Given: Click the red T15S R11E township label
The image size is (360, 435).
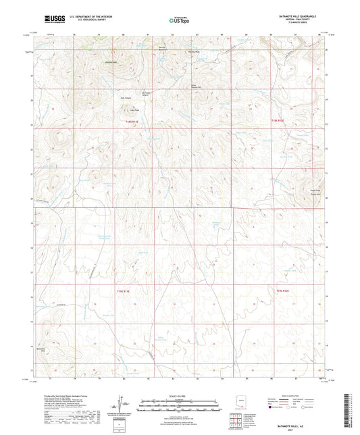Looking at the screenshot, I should [x=119, y=290].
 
